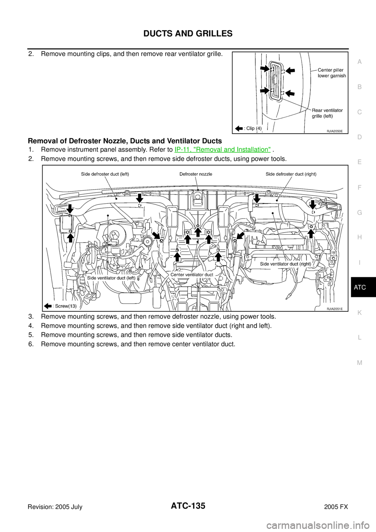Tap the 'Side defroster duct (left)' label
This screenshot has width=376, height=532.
[105, 174]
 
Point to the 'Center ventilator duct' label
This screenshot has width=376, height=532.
[192, 275]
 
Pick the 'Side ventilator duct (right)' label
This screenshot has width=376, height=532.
[286, 264]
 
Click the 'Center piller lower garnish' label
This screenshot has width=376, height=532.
[331, 73]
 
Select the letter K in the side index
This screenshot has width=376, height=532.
[360, 313]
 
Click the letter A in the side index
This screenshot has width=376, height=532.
[360, 62]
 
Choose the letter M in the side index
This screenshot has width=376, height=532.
[360, 363]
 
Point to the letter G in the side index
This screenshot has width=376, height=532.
[360, 212]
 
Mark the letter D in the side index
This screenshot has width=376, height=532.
[360, 137]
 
